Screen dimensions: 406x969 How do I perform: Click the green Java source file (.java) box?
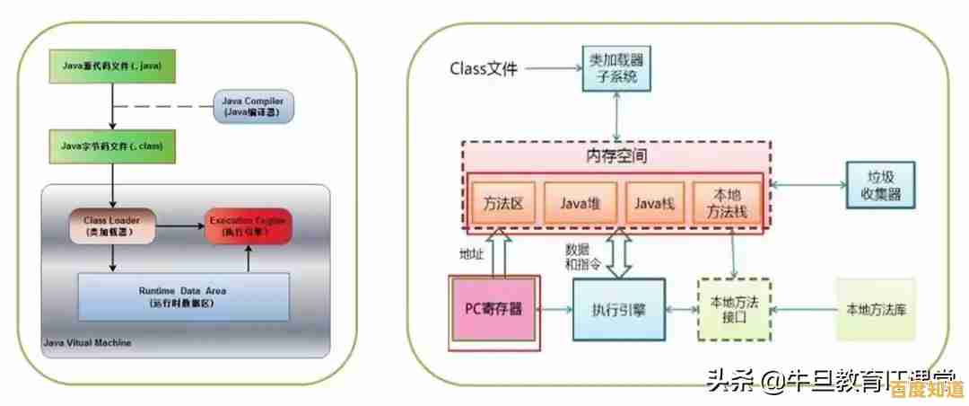(x=112, y=65)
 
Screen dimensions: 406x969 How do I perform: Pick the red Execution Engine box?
(x=249, y=225)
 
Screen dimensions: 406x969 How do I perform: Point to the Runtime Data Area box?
(x=184, y=296)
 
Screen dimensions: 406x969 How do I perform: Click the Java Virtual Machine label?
(x=87, y=343)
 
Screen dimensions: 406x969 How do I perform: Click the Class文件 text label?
(x=484, y=68)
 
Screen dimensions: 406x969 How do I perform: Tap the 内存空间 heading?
(x=616, y=155)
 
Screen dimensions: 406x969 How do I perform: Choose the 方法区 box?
(x=502, y=204)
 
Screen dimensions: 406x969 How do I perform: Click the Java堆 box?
(x=580, y=204)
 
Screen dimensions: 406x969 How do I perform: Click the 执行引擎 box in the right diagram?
(x=619, y=310)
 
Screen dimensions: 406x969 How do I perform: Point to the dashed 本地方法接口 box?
(x=734, y=310)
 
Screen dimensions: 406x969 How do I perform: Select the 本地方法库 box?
(x=876, y=310)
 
